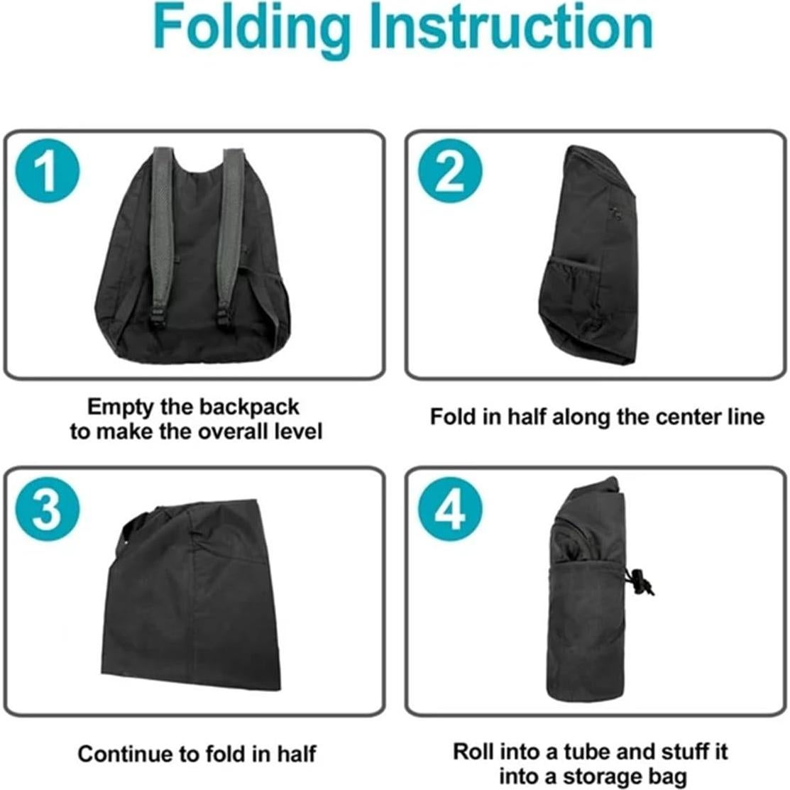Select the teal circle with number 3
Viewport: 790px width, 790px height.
(46, 509)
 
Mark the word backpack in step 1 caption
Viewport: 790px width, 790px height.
(249, 407)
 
